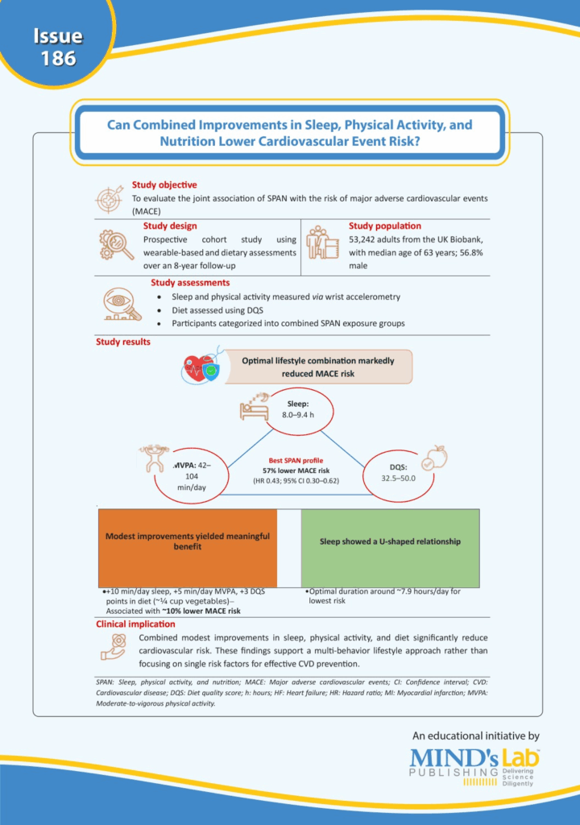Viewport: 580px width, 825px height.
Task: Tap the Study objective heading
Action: coord(164,185)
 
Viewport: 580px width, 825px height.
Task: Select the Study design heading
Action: coord(170,226)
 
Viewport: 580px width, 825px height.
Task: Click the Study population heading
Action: coord(385,226)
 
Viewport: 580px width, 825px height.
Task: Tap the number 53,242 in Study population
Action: coord(367,240)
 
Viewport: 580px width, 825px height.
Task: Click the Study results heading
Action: coord(122,342)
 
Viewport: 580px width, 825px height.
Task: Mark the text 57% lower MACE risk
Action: coord(293,470)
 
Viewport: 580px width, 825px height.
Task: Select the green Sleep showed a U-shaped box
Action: coord(390,541)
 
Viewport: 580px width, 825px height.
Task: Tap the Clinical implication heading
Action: coord(135,624)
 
